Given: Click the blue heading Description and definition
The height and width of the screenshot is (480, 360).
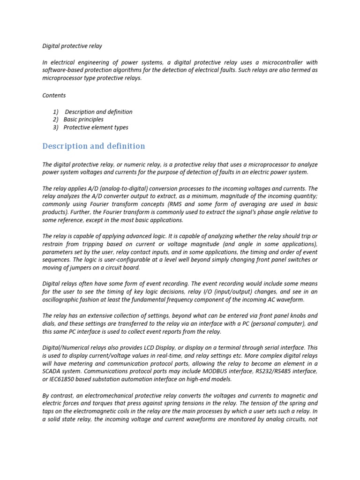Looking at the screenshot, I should click(x=94, y=146).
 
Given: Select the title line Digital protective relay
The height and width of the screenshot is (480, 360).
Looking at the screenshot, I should click(x=72, y=46).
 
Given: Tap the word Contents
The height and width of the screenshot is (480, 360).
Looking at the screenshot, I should click(x=54, y=95).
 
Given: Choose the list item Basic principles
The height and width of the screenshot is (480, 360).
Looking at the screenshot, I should click(x=83, y=120).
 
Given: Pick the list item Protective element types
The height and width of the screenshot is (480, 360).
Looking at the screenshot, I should click(x=96, y=127).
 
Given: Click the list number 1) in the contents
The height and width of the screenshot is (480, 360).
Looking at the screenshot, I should click(x=56, y=112).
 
